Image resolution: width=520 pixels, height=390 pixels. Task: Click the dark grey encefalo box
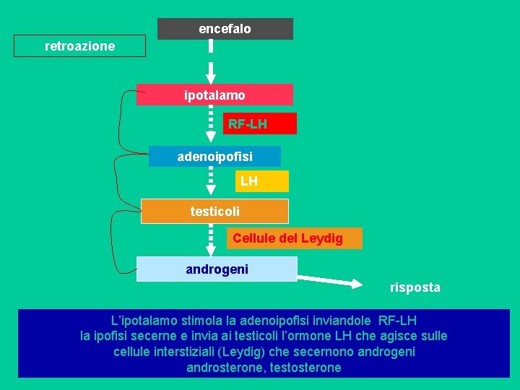pyautogui.click(x=225, y=29)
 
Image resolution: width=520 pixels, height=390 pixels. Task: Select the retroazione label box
pyautogui.click(x=79, y=46)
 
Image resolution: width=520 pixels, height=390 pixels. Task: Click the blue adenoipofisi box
pyautogui.click(x=214, y=156)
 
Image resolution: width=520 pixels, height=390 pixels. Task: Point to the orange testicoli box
pyautogui.click(x=214, y=211)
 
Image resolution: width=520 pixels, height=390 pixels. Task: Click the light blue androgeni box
pyautogui.click(x=217, y=269)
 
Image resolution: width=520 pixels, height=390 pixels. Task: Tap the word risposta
pyautogui.click(x=415, y=287)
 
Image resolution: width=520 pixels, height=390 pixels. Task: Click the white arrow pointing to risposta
pyautogui.click(x=329, y=280)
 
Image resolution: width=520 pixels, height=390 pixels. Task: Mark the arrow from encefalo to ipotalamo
pyautogui.click(x=211, y=61)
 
